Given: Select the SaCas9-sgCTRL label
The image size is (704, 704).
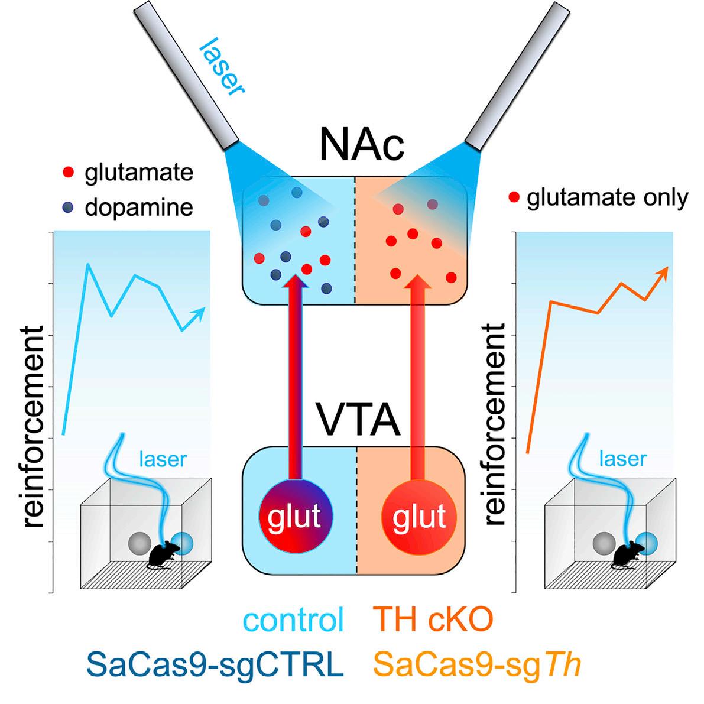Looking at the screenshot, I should [x=215, y=665].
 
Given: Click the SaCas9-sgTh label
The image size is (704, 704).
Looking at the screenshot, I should [x=478, y=665].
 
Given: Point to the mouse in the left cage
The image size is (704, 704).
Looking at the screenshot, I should [x=159, y=556].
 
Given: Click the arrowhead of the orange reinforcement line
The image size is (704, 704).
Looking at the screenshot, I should [x=663, y=272].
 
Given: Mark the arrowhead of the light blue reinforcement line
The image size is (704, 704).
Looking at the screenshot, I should [x=200, y=312].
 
